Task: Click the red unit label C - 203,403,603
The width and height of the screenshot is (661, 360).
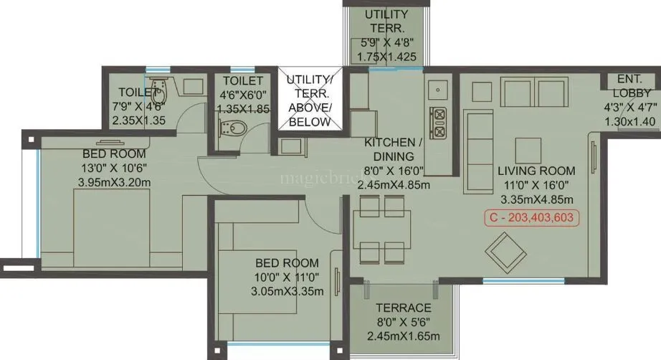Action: coord(531,218)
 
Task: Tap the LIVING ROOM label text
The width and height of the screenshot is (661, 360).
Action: coord(536,171)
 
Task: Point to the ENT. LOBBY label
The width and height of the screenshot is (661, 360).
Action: coord(632,87)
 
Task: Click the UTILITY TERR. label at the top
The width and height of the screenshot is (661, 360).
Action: coord(386,22)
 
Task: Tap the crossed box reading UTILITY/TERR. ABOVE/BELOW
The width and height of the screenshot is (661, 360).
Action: coord(310,100)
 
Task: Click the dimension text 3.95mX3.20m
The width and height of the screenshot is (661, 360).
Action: coord(115,182)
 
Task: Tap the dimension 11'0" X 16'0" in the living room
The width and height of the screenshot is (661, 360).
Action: coord(536,185)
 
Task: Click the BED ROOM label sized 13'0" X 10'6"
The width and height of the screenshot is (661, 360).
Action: coord(115,153)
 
